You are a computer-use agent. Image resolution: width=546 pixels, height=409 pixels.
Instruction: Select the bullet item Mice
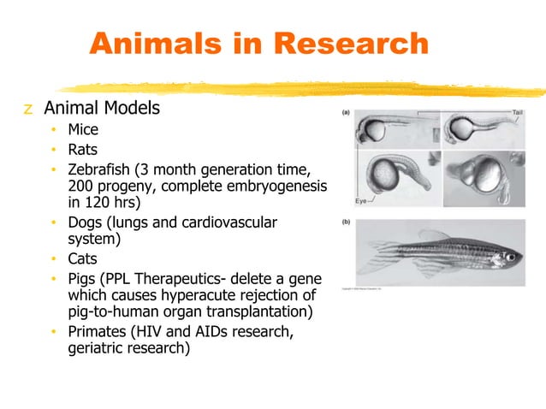click(83, 131)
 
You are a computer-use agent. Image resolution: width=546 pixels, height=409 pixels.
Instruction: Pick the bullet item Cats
click(82, 259)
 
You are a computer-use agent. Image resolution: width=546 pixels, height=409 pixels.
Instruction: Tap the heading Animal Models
click(102, 110)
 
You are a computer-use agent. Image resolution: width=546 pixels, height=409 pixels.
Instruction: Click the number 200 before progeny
click(81, 187)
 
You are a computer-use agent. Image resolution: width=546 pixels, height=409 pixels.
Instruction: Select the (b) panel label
click(346, 221)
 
